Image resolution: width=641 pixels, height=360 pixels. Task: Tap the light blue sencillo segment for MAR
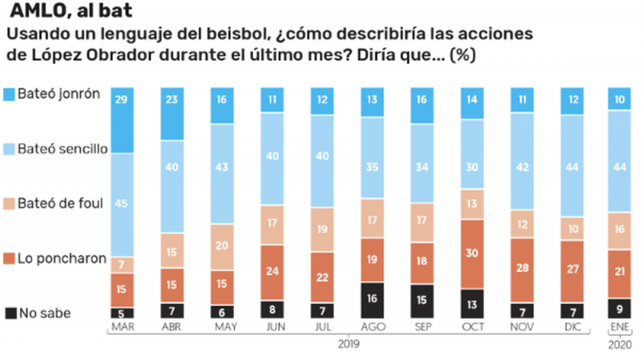[x=123, y=204]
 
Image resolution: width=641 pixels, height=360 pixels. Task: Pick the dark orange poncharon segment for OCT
[x=473, y=253]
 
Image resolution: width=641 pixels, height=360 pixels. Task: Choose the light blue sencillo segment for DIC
[x=572, y=164]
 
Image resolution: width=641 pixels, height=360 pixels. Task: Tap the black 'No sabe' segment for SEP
[x=422, y=301]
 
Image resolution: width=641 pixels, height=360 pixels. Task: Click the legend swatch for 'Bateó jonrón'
[x=10, y=93]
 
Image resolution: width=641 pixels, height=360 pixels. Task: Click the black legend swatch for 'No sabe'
[x=10, y=313]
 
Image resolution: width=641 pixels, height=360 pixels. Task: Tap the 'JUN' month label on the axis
[x=273, y=327]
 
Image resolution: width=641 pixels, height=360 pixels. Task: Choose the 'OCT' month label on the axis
[x=473, y=327]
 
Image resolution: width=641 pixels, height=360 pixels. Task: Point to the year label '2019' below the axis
[x=348, y=343]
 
